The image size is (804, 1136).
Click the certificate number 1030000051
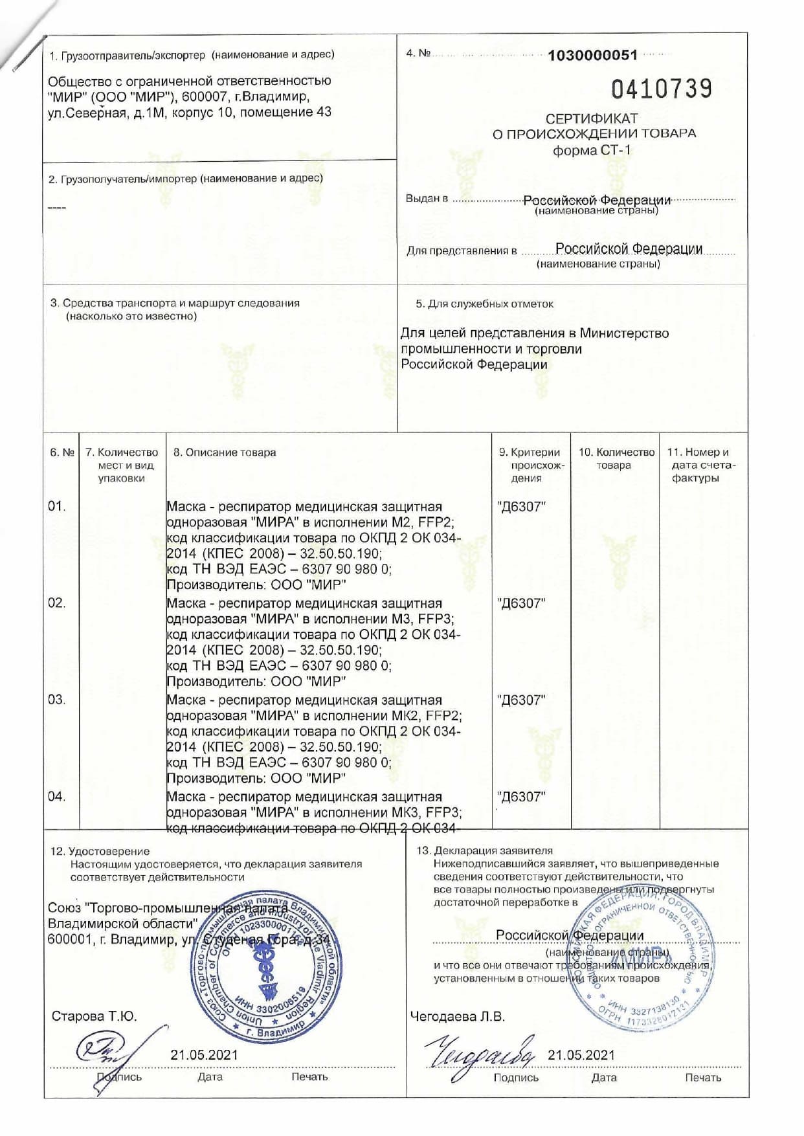coord(592,55)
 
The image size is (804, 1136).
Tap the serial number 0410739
coord(661,89)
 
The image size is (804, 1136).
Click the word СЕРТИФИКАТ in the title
coord(592,118)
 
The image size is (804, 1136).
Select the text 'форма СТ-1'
coord(592,150)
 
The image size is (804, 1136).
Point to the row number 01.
coord(57,506)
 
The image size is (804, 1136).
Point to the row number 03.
coord(57,700)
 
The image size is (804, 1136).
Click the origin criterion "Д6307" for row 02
coord(521,603)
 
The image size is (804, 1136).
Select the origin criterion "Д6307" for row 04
coord(521,797)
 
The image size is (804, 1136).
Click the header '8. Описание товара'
coord(225,452)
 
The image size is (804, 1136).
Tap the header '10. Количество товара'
coord(616,458)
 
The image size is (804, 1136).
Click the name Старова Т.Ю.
coord(95,1016)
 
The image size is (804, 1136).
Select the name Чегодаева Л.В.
coord(457,1016)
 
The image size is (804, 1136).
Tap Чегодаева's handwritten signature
coord(479,1052)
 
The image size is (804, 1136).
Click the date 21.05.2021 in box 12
coord(204,1055)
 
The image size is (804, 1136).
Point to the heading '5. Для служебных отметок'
coord(484,304)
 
